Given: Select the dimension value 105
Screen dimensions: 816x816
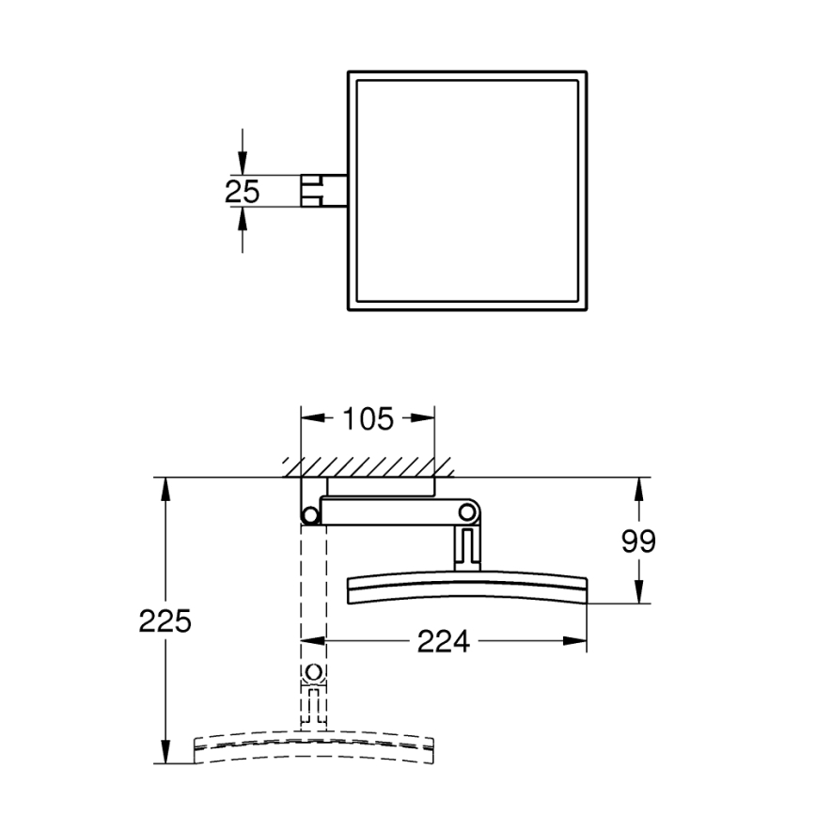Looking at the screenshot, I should [x=367, y=418].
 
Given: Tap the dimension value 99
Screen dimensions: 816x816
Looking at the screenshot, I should [x=639, y=541].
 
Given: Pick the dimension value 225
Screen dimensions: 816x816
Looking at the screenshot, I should [x=165, y=621].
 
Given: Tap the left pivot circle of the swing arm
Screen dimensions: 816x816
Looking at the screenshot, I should [x=309, y=513].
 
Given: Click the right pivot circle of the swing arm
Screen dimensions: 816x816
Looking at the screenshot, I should [x=467, y=511].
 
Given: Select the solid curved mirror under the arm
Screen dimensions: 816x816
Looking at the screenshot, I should [x=467, y=587].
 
